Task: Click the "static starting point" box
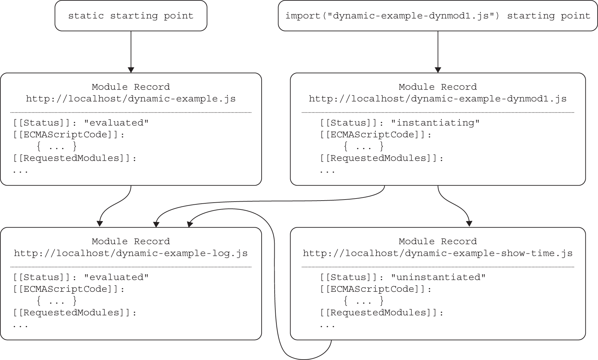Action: point(131,16)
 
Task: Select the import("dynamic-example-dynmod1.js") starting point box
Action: point(438,16)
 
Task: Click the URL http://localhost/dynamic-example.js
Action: point(131,99)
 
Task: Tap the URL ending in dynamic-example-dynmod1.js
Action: point(438,99)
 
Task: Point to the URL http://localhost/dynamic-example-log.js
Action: point(131,254)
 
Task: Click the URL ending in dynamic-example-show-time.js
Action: point(438,254)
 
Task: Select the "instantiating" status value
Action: point(435,123)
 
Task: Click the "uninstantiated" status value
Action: point(438,277)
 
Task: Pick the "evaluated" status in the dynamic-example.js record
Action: point(116,123)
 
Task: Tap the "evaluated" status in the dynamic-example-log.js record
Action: point(116,277)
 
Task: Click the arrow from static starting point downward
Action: point(131,51)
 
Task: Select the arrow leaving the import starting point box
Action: point(438,51)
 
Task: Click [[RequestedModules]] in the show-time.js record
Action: point(382,313)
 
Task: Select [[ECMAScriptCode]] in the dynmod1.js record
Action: point(375,135)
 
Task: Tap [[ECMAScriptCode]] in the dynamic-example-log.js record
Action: point(69,289)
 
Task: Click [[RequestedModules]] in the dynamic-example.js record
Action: point(75,158)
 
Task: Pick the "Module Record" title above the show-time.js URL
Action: point(438,241)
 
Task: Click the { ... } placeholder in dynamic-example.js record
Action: point(57,147)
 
